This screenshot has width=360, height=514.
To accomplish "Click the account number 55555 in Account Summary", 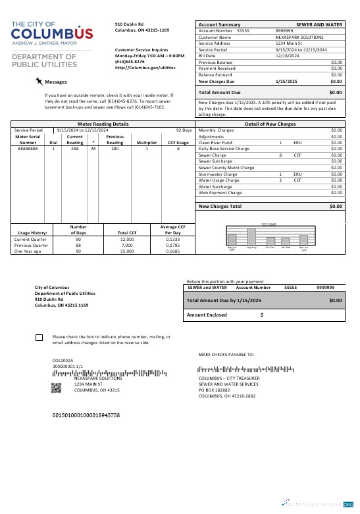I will (243, 31).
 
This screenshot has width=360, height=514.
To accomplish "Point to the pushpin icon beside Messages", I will (39, 81).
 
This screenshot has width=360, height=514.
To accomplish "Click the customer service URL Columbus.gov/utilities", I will (145, 67).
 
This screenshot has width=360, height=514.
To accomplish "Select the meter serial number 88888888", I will (28, 149).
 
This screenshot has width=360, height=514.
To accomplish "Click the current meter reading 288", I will (75, 149).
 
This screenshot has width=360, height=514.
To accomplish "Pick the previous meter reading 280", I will (115, 149).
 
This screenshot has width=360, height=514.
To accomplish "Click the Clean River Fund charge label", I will (215, 142).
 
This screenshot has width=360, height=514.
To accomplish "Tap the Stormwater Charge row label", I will (218, 174).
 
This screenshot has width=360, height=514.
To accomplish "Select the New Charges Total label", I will (220, 207).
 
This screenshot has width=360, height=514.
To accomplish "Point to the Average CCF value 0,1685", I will (172, 251).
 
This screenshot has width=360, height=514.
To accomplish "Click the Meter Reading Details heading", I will (103, 124).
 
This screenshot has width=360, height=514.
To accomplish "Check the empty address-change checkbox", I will (39, 338).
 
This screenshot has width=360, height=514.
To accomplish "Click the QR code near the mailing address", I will (57, 387).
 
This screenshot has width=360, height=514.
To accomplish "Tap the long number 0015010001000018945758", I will (86, 416).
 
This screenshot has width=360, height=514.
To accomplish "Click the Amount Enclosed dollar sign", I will (262, 315).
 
